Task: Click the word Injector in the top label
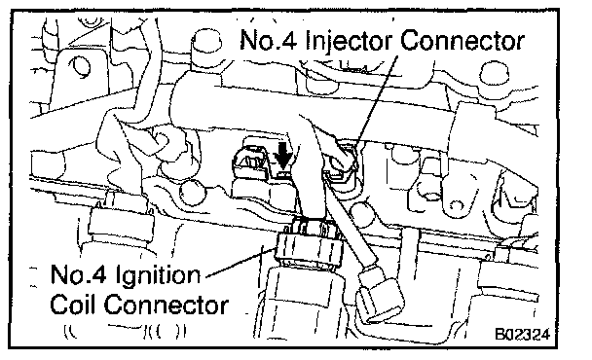349,42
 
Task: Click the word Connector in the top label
462,41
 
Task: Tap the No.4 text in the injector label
269,40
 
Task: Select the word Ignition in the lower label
158,276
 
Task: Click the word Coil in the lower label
74,305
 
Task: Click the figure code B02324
523,335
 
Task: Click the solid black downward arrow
283,156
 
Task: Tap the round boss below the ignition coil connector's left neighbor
194,193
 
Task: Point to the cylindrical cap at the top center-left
206,46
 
